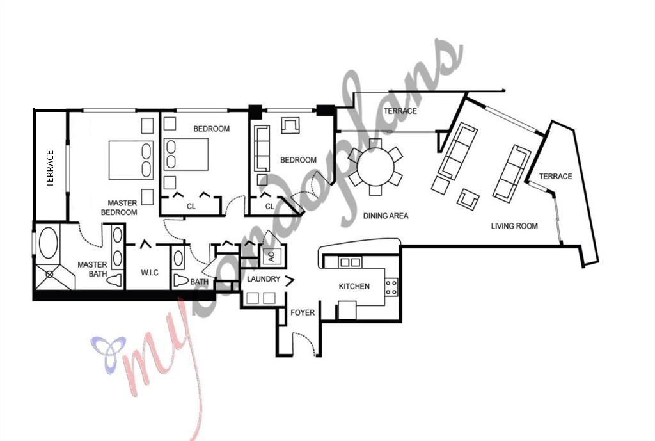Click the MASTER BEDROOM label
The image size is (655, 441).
tap(122, 207)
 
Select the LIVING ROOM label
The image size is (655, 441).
tap(514, 226)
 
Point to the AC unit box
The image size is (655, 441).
tap(270, 257)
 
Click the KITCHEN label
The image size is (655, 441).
tap(354, 286)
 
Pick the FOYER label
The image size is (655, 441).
tap(303, 312)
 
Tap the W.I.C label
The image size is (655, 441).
tap(150, 273)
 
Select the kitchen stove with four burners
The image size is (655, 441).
tap(391, 286)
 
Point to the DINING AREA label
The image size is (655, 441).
tap(386, 216)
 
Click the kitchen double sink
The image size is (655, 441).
tap(349, 262)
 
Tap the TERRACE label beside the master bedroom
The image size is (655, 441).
tap(51, 169)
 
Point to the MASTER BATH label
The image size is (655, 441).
tap(92, 269)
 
